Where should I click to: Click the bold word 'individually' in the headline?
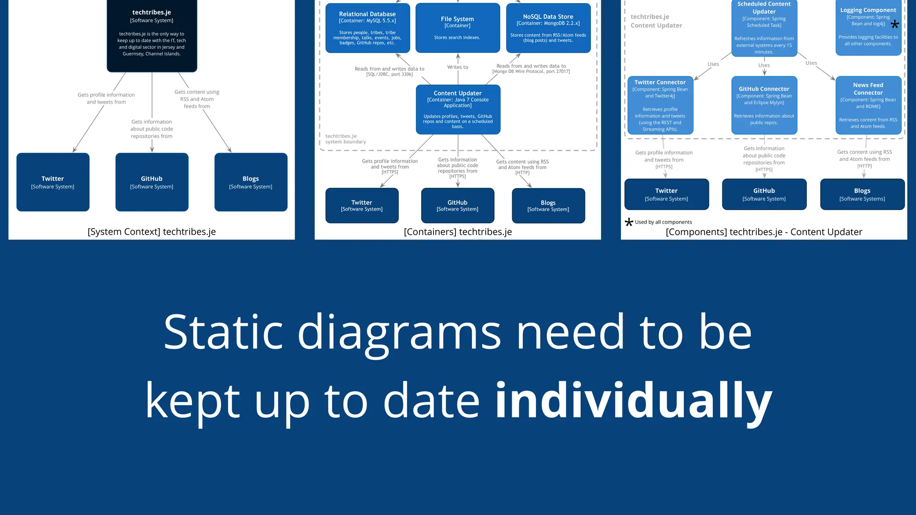click(633, 400)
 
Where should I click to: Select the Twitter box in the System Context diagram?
click(53, 182)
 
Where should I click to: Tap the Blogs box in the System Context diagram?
click(250, 182)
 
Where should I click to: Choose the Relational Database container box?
click(367, 28)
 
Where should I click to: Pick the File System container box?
click(457, 28)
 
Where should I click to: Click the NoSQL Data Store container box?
click(548, 28)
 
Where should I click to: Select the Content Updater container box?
click(458, 110)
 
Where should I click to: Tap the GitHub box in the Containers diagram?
click(457, 205)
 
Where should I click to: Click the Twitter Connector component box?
click(660, 106)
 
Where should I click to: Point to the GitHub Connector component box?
click(764, 106)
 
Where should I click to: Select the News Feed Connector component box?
click(868, 106)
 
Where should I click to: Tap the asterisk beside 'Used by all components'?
click(629, 222)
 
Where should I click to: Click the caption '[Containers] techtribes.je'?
click(458, 232)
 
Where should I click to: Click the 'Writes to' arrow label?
click(458, 67)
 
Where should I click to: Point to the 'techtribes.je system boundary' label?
click(345, 139)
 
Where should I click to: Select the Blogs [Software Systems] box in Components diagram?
click(862, 194)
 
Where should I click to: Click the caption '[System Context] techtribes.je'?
click(152, 232)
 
